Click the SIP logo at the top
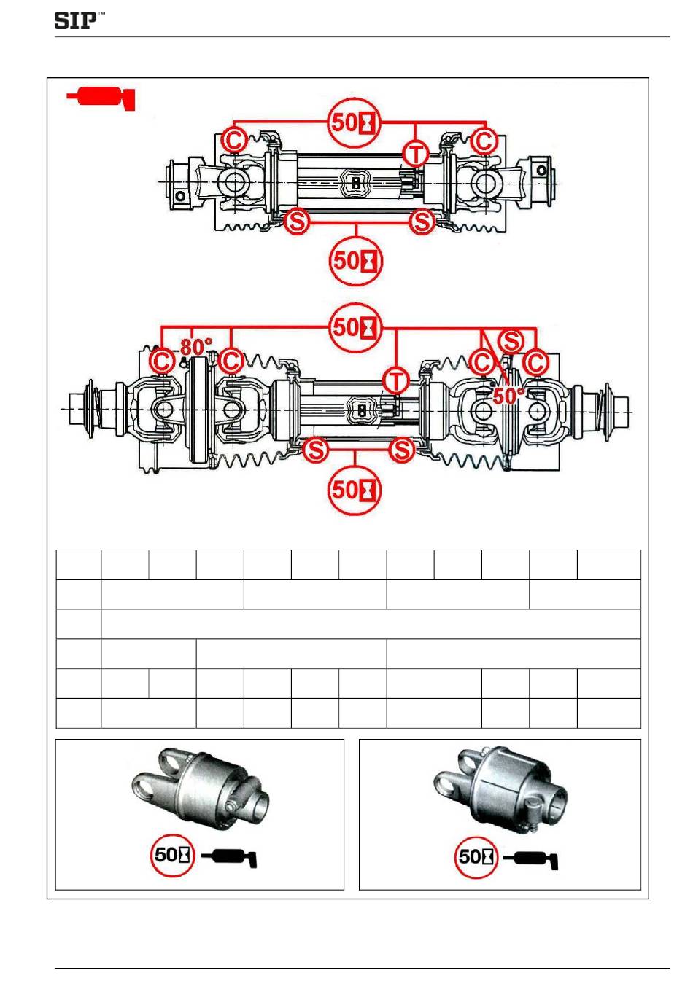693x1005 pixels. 79,20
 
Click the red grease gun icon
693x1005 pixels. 101,98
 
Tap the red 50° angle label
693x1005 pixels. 508,395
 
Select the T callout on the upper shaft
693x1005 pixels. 416,154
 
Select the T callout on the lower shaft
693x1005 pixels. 395,381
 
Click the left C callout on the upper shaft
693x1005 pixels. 234,141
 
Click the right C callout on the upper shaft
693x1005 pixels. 484,141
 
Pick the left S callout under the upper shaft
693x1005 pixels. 298,221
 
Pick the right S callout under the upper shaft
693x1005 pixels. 422,221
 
